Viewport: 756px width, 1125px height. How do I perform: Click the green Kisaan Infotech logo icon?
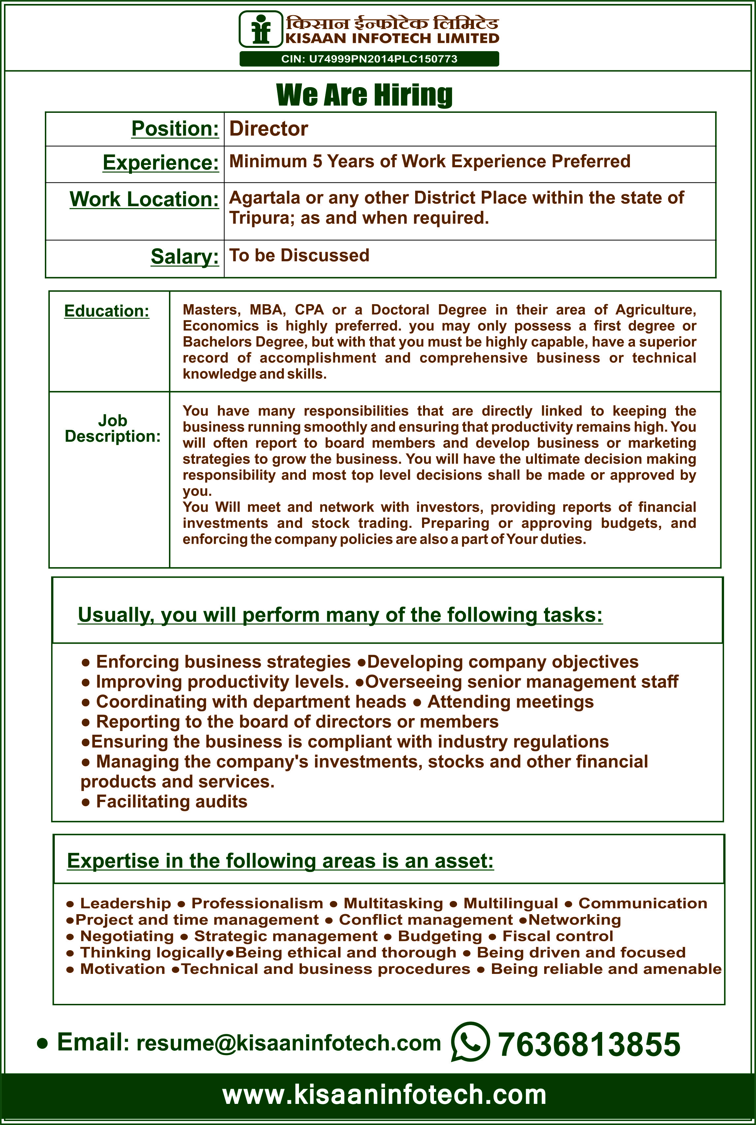(261, 29)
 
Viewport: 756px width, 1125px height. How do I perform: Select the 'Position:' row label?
(175, 129)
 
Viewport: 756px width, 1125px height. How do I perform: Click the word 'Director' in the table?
(269, 129)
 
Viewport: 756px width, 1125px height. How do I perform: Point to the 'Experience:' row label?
(161, 162)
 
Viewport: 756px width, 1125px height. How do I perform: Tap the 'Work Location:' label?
(144, 199)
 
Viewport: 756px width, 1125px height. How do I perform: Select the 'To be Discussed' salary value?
(299, 255)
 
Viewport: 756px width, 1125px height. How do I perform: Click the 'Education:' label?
(107, 311)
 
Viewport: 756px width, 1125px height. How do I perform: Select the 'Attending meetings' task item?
(510, 701)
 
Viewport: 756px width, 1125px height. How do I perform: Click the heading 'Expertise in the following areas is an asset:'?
(280, 861)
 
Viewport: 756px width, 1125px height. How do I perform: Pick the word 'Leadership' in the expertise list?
(125, 903)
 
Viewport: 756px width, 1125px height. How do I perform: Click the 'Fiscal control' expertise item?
(557, 936)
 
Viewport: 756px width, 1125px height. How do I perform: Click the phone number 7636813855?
(588, 1044)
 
